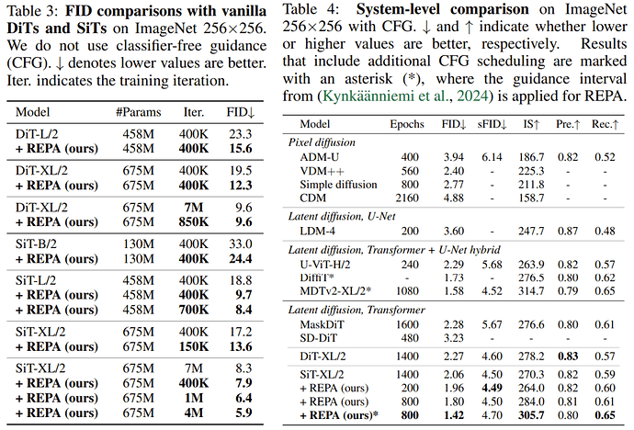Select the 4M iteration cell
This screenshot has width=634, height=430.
193,413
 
